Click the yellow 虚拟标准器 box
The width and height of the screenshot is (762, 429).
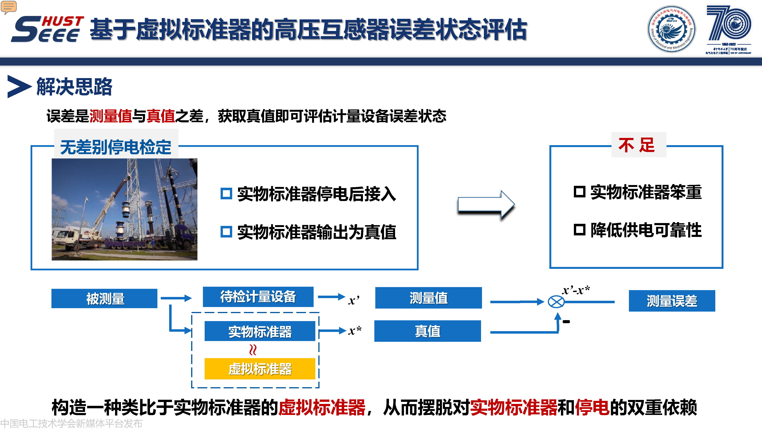pos(260,369)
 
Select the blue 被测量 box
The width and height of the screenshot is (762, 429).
pos(104,298)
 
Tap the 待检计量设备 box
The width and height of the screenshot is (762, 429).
pos(258,297)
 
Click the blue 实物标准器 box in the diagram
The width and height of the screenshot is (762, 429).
pos(260,331)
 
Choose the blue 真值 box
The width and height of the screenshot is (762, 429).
pos(428,331)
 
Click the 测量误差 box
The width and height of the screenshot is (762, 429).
pos(672,301)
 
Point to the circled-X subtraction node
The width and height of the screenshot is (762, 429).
pos(556,302)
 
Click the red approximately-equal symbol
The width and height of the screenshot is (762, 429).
pos(253,350)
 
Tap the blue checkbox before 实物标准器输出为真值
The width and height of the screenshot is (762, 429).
pos(226,232)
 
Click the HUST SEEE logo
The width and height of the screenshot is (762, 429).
pos(47,29)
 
